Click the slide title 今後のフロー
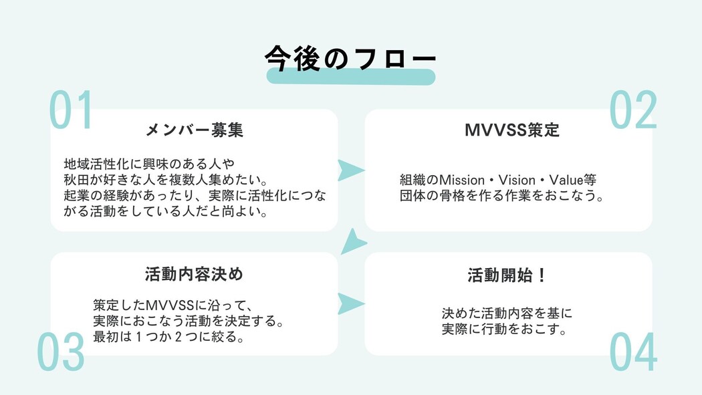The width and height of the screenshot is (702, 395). tap(350, 57)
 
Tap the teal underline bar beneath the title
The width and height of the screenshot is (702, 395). tap(351, 76)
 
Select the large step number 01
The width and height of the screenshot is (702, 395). tap(71, 110)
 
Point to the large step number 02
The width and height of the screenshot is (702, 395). tap(633, 110)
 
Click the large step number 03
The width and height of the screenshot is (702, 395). tap(60, 353)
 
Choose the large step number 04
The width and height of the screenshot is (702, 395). tap(633, 353)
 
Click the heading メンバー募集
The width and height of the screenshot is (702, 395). tap(194, 130)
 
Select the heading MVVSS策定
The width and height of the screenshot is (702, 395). tap(512, 130)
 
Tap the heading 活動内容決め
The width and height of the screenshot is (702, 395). tap(194, 274)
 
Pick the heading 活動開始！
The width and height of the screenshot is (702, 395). tap(508, 275)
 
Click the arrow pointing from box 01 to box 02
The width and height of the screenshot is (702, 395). tap(350, 170)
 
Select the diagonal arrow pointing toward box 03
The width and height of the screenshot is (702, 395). tap(354, 242)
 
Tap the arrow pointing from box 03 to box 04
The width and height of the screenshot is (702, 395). tap(350, 303)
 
